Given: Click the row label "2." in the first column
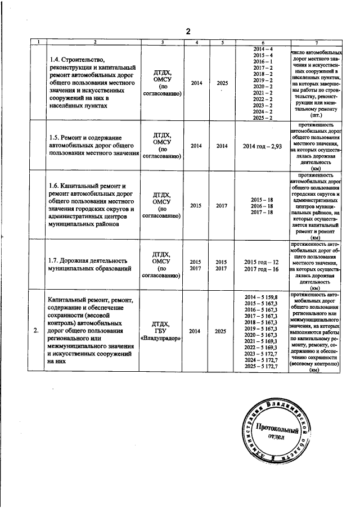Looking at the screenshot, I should click(36, 331).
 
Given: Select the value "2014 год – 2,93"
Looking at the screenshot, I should click(262, 146).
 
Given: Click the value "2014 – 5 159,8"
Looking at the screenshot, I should click(262, 296).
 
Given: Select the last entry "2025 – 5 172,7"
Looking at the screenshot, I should click(262, 366).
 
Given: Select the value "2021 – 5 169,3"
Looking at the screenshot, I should click(262, 341).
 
